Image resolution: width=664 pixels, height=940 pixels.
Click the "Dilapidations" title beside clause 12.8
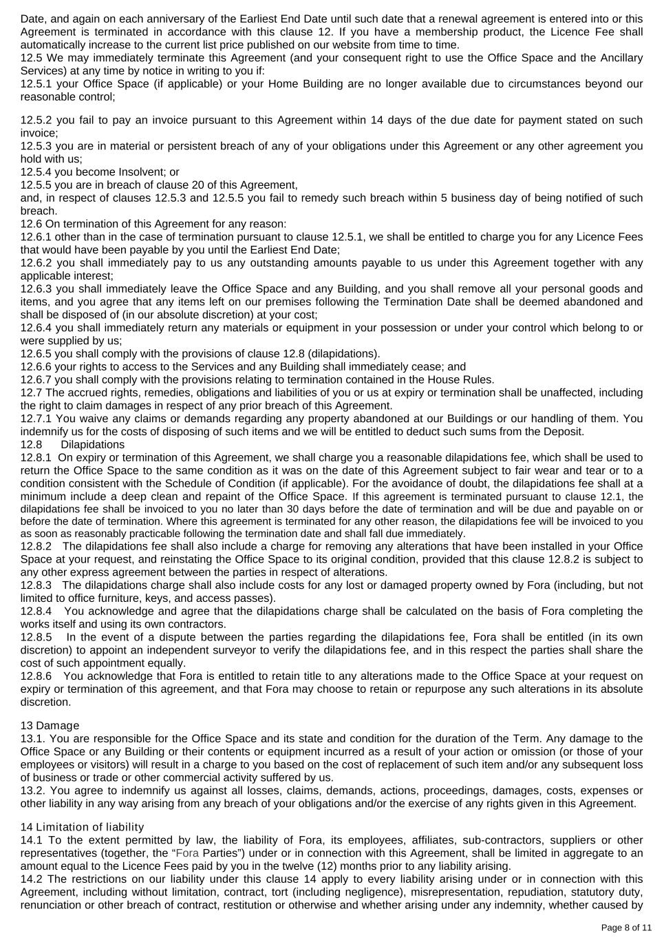coord(93,445)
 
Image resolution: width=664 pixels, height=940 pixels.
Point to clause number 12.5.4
coord(36,172)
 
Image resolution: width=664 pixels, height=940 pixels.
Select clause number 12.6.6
coord(36,367)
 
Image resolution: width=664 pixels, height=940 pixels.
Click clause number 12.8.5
coord(36,638)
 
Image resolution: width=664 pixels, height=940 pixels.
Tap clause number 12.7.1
coord(36,419)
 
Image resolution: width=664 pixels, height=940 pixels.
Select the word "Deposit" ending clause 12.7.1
coord(564,432)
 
